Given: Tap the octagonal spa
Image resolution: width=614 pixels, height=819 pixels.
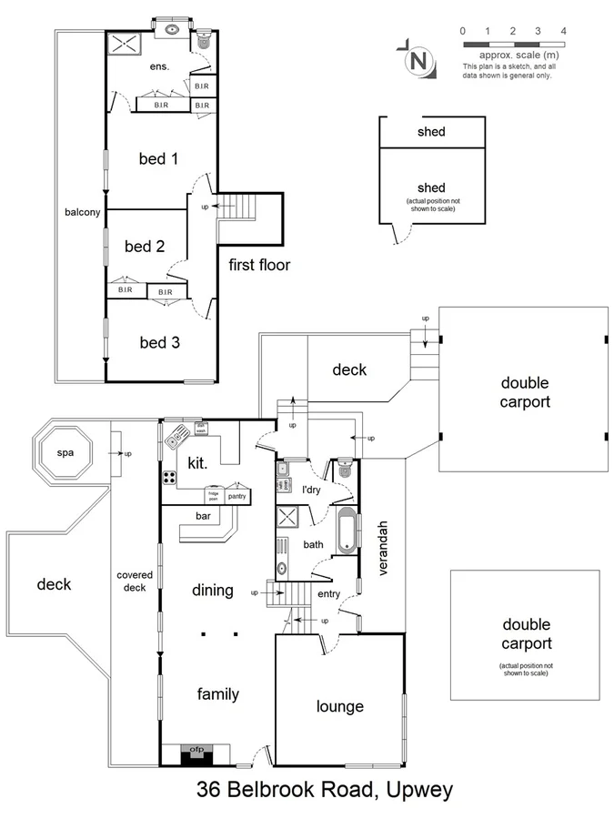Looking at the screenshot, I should (63, 451).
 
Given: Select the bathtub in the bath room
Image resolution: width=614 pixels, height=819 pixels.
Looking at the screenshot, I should (347, 533).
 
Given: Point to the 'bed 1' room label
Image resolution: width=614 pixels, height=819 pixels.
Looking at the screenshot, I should (157, 159).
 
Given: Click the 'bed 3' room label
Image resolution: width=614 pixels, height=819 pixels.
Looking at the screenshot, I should (159, 342).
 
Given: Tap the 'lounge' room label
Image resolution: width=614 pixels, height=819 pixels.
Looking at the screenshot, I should (339, 706).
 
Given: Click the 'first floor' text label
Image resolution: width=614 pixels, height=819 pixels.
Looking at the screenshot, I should (259, 265).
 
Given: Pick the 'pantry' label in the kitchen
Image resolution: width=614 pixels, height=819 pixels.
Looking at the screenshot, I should (237, 497).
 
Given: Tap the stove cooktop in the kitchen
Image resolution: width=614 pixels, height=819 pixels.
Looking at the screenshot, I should (169, 477).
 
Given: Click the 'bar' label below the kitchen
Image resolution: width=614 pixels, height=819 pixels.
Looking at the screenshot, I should (204, 515).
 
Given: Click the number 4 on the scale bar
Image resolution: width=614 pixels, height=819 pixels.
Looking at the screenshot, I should (563, 31).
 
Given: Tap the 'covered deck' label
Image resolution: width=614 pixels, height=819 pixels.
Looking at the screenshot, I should (135, 581).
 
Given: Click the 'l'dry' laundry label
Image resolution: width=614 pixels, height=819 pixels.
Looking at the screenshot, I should (313, 489).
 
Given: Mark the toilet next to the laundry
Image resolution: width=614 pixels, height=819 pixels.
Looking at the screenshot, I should (345, 469).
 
